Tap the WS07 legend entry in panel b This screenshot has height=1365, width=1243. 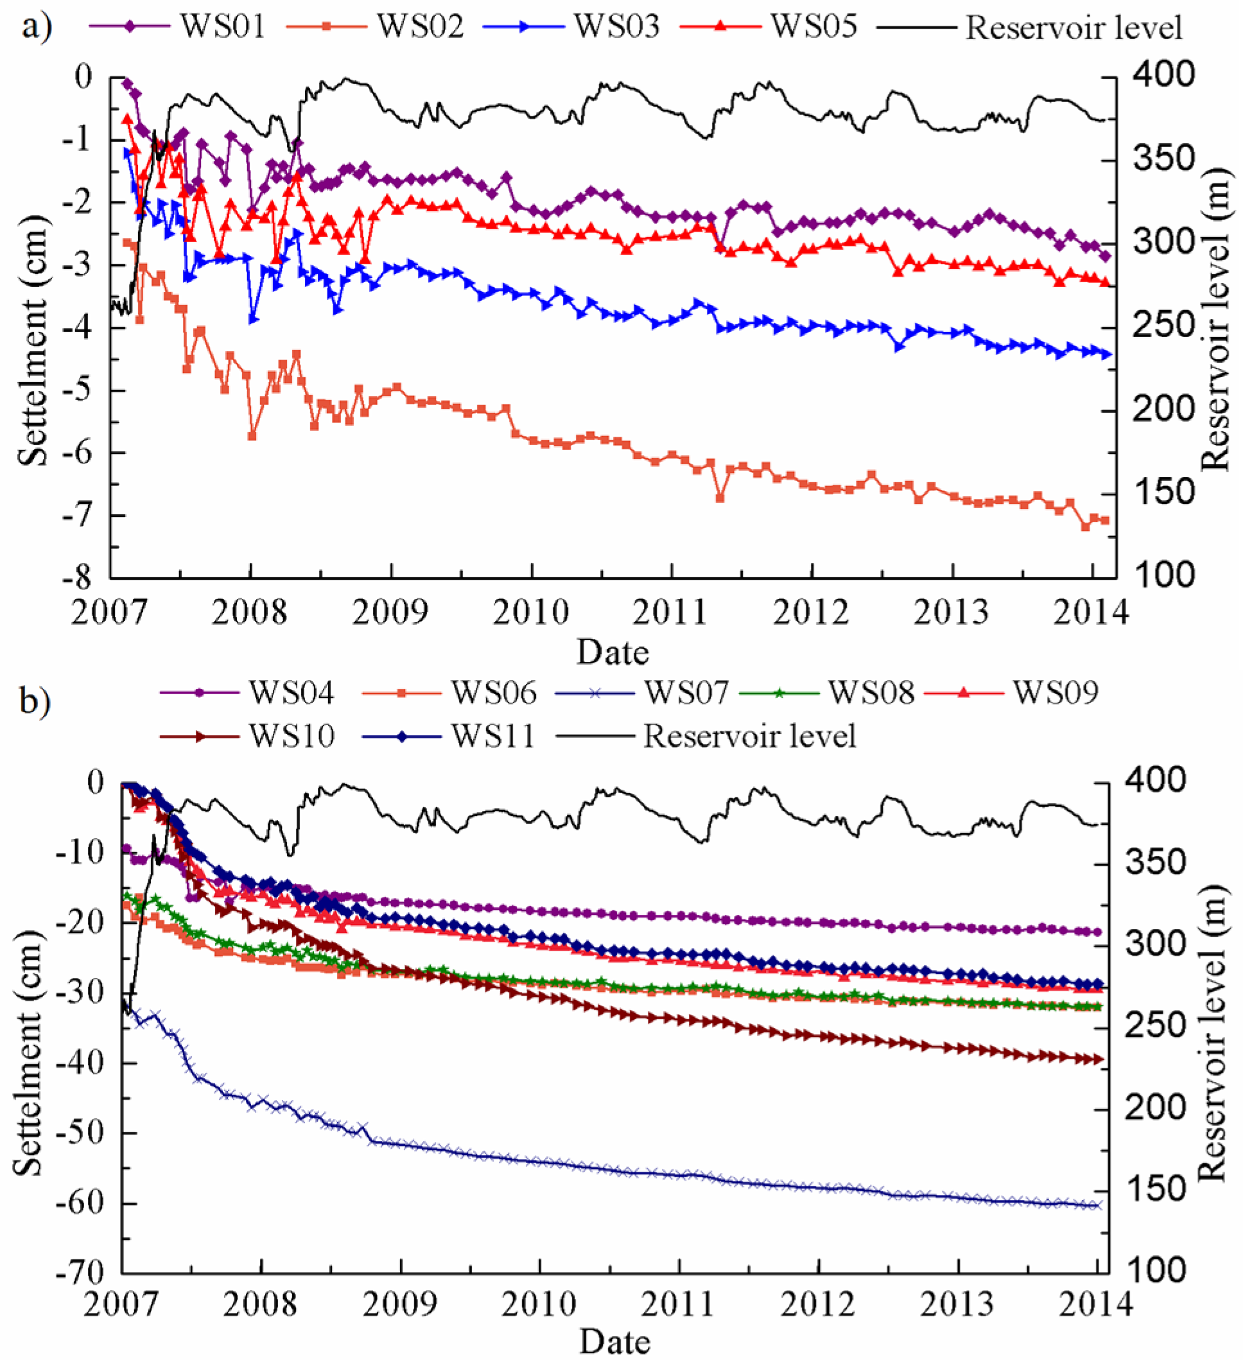click(685, 693)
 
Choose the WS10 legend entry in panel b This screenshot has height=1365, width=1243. click(291, 736)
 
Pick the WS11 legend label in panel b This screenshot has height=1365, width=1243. click(493, 736)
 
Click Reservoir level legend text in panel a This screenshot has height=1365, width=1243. click(1073, 28)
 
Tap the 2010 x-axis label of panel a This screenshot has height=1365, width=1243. click(531, 613)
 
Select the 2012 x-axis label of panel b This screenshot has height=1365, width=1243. click(818, 1305)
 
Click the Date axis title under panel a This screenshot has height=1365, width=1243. click(612, 653)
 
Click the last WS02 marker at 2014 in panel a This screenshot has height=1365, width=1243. click(1105, 520)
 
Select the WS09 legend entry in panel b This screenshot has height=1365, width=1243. click(1055, 693)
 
